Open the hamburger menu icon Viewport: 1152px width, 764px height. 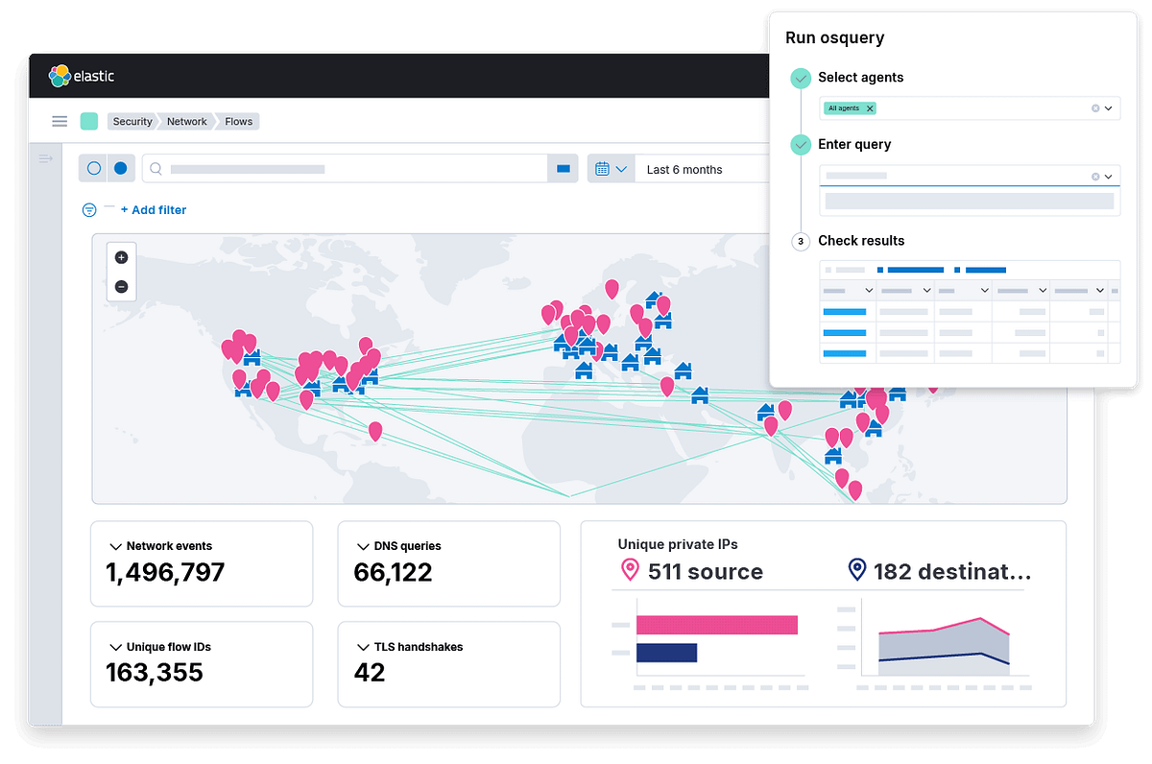click(60, 121)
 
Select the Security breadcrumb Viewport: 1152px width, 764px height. click(132, 121)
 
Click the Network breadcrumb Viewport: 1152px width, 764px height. click(186, 121)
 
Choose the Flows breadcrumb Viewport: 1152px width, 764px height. click(238, 121)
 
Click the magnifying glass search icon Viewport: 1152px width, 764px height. click(156, 169)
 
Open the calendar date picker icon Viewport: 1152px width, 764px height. click(603, 169)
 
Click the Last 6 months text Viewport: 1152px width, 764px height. click(684, 169)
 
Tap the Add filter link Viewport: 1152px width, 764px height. click(154, 209)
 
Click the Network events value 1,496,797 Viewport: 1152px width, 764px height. click(165, 573)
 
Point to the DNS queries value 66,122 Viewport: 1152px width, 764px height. click(393, 573)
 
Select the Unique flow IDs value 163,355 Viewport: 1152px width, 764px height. click(155, 672)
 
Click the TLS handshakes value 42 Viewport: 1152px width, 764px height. click(370, 672)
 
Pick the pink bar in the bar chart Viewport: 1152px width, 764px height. click(716, 625)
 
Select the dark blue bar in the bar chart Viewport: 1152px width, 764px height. click(666, 653)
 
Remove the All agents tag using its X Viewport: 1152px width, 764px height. click(870, 108)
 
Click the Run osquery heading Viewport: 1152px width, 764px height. click(834, 38)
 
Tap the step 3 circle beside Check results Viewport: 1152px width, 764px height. click(801, 241)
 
